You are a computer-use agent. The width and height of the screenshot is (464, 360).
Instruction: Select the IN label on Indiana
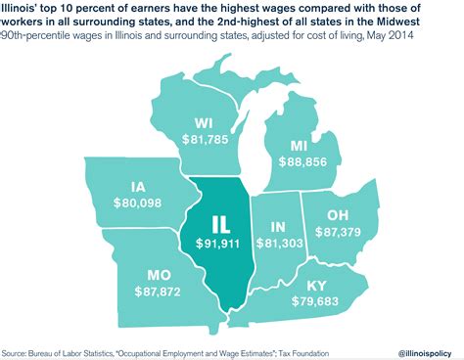[x=278, y=224]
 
